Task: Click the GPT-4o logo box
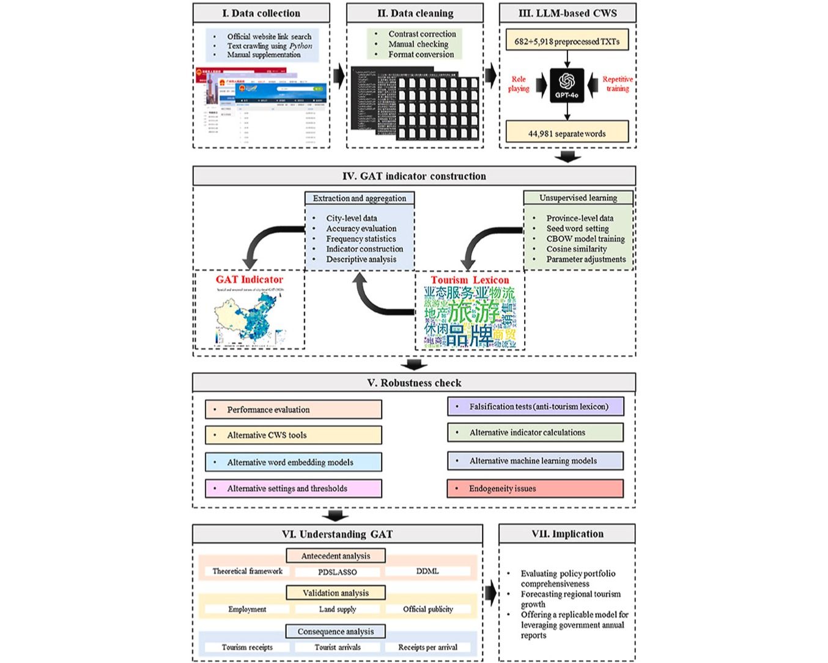[x=567, y=85]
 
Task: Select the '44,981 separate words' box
[x=567, y=133]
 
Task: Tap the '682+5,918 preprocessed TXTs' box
[x=567, y=42]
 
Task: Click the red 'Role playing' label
[x=519, y=84]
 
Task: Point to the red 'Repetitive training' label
[x=617, y=84]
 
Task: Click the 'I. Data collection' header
[x=261, y=13]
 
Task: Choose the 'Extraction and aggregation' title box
[x=360, y=198]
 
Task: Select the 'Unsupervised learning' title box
[x=578, y=197]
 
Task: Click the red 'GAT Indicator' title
[x=250, y=279]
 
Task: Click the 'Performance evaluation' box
[x=294, y=409]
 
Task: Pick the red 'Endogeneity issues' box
[x=535, y=488]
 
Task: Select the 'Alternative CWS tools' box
[x=294, y=435]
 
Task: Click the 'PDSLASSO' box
[x=338, y=572]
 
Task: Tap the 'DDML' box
[x=427, y=571]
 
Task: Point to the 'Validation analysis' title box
[x=336, y=593]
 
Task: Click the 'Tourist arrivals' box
[x=338, y=647]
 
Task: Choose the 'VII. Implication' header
[x=567, y=533]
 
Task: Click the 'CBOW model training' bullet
[x=585, y=238]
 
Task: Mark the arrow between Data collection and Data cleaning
[x=338, y=76]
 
